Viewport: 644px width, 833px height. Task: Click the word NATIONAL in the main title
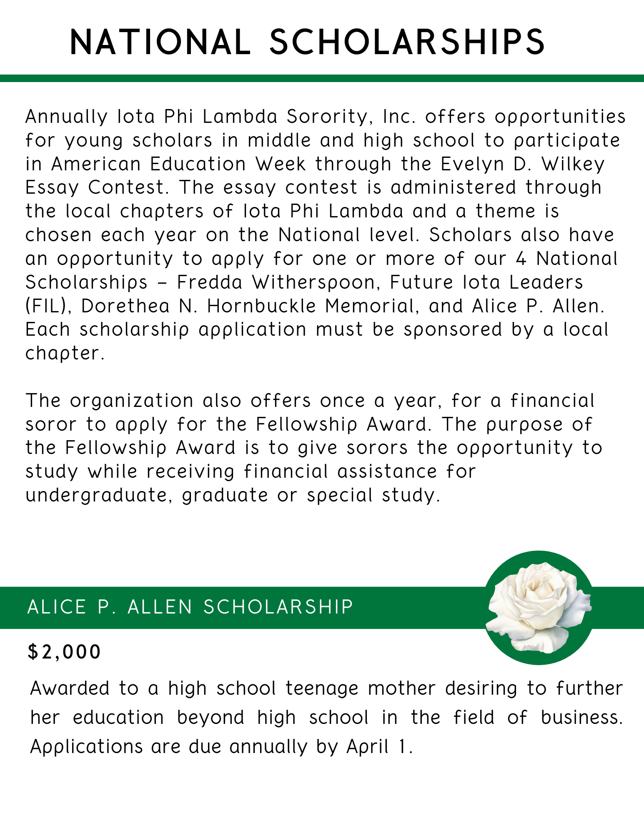click(x=160, y=42)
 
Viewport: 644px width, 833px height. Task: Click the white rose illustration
click(x=539, y=608)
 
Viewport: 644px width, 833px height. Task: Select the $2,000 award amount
click(x=64, y=652)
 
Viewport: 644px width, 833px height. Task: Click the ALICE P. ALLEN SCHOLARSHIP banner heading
click(x=190, y=607)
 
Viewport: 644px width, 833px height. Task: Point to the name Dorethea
click(x=125, y=306)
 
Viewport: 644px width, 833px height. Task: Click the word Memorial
click(x=372, y=306)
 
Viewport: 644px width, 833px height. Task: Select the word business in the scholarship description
click(x=581, y=717)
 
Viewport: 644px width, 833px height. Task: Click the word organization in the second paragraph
click(x=132, y=401)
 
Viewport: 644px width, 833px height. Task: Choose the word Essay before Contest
click(x=52, y=187)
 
